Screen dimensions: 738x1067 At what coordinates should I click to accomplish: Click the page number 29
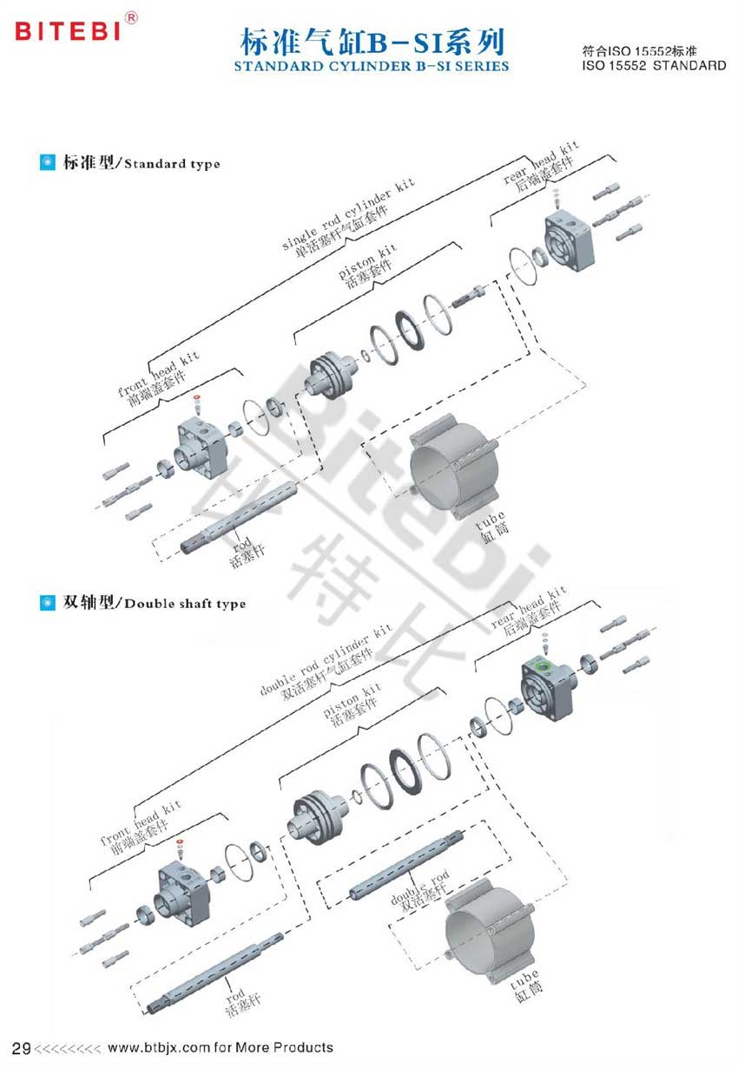tap(21, 1047)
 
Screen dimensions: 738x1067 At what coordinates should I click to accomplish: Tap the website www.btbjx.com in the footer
tap(159, 1047)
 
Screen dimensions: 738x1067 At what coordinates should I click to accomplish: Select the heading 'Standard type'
tap(172, 164)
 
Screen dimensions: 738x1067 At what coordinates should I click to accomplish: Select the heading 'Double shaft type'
tap(186, 604)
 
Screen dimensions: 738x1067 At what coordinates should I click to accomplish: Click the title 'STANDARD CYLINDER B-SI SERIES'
tap(372, 66)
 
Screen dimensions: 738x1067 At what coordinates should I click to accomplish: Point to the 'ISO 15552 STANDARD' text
tap(654, 65)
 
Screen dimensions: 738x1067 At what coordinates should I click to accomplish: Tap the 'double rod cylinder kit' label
tap(326, 660)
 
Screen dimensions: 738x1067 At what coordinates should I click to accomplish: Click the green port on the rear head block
tap(542, 664)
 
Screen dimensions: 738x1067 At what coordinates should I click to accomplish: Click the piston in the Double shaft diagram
tap(314, 815)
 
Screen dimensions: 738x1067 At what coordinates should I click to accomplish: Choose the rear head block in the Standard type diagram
tap(570, 240)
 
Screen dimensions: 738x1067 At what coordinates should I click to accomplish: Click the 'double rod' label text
tap(419, 886)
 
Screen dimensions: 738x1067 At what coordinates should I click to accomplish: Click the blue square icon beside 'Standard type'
tap(47, 162)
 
